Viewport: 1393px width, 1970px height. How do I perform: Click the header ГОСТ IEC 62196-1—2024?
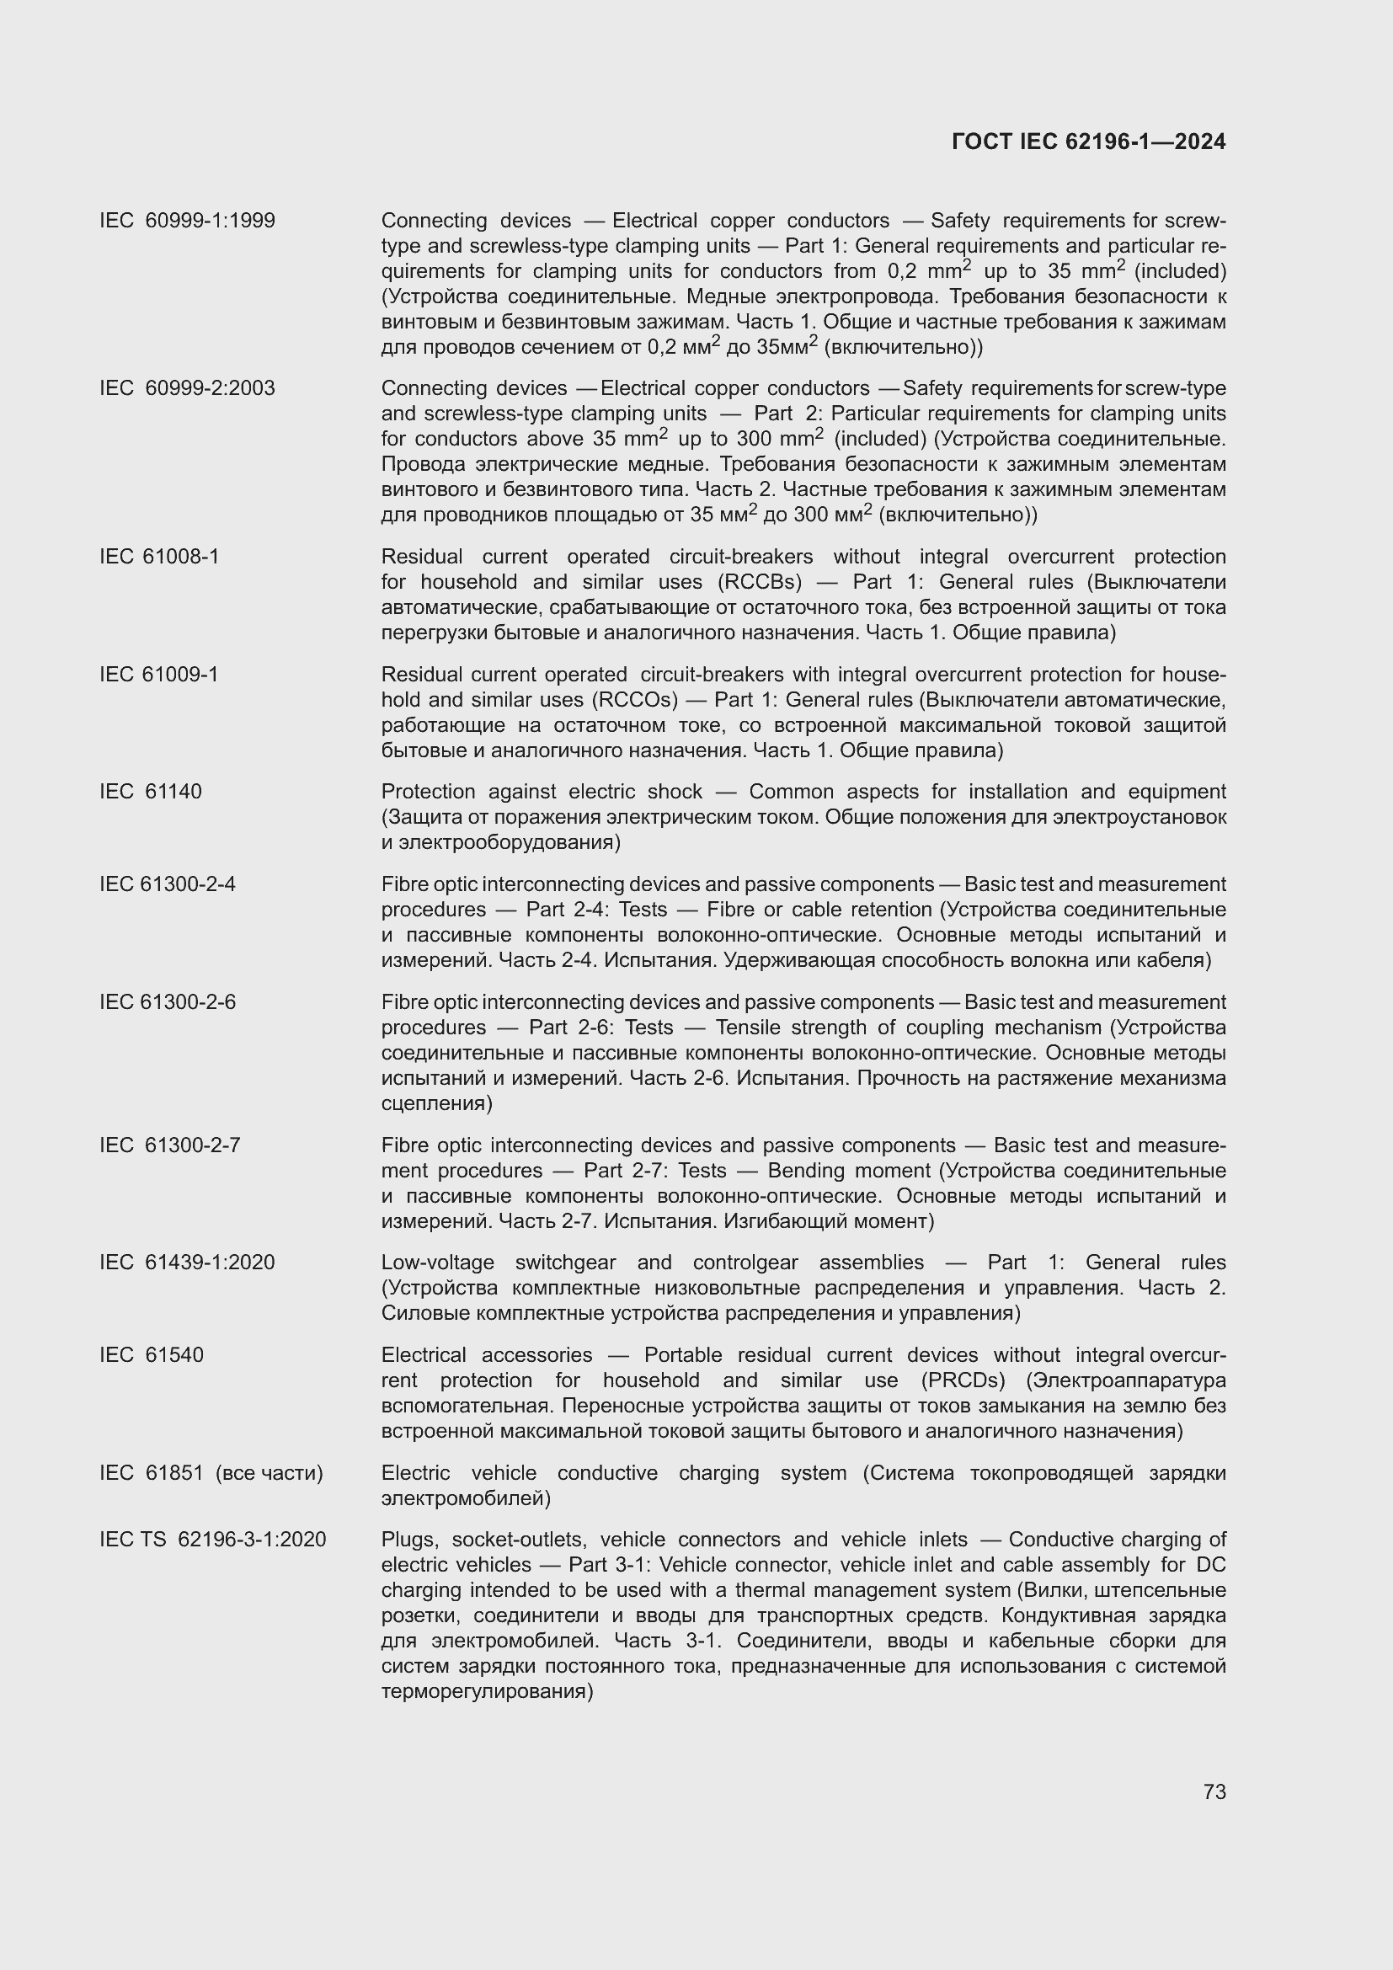coord(1087,142)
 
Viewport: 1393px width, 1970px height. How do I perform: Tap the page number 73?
coord(1214,1791)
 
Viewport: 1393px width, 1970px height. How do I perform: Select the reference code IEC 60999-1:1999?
coord(187,222)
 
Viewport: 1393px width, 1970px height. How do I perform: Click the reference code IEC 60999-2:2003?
coord(187,388)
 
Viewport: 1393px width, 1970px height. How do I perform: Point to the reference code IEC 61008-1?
coord(158,557)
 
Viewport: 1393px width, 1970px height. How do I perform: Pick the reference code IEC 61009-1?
coord(158,675)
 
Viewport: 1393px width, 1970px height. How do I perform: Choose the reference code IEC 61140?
coord(150,792)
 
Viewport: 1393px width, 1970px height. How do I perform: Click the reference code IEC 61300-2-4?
coord(168,884)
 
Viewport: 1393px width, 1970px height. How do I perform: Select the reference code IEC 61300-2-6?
coord(168,1002)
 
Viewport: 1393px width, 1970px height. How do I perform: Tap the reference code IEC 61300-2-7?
coord(170,1145)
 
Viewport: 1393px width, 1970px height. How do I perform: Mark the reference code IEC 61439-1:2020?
coord(187,1263)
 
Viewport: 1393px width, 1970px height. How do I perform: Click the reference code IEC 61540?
coord(151,1356)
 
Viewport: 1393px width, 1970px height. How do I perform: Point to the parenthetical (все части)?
coord(270,1473)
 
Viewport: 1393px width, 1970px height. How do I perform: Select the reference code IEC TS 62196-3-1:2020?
coord(213,1540)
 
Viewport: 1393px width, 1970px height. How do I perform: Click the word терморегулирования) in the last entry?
coord(487,1692)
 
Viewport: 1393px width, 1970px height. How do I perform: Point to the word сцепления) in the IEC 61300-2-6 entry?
coord(436,1103)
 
